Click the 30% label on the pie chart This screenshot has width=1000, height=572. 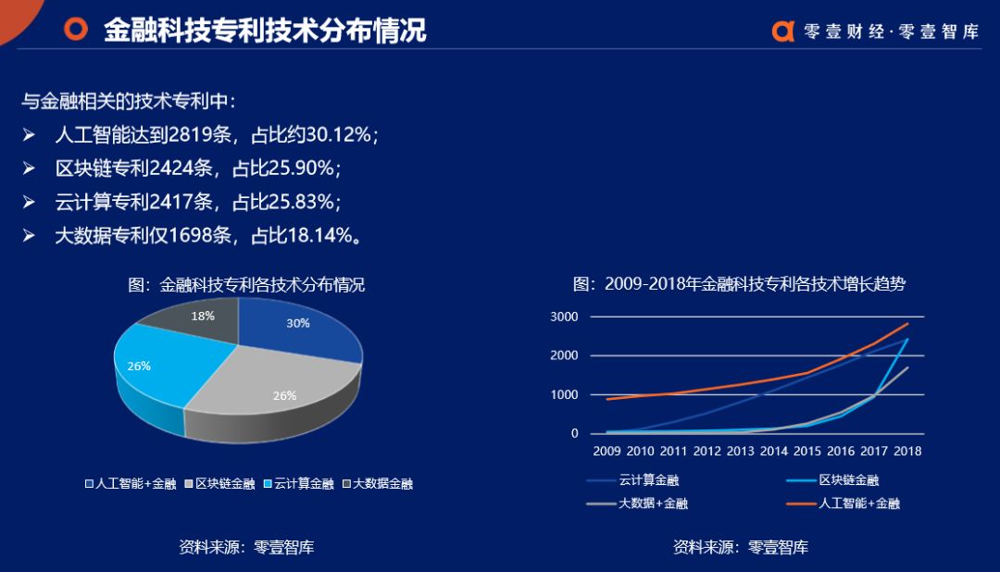[297, 324]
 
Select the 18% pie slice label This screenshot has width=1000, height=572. [203, 316]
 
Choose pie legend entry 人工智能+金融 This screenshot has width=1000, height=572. [131, 484]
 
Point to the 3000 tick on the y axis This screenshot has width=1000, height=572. [564, 317]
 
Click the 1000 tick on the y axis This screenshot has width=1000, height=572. [564, 395]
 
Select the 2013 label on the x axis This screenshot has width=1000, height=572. [741, 452]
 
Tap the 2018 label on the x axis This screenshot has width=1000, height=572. [906, 452]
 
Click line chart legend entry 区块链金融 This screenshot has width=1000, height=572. [848, 480]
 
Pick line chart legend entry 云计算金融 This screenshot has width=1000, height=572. [649, 480]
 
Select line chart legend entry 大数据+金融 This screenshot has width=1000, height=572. [653, 504]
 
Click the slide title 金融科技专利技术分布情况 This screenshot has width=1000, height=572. [265, 30]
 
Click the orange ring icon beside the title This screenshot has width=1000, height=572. [75, 29]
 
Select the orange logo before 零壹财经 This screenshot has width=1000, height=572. [783, 31]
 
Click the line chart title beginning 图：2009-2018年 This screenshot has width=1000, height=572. [739, 284]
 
